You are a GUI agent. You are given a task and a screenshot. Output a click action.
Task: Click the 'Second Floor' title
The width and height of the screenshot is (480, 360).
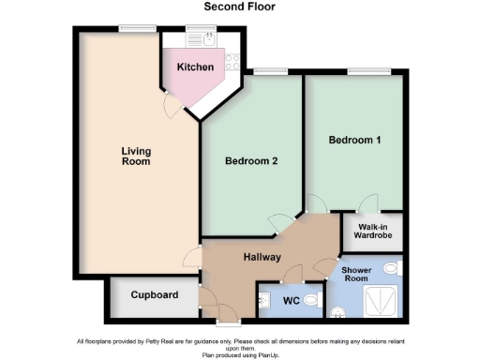pyautogui.click(x=239, y=7)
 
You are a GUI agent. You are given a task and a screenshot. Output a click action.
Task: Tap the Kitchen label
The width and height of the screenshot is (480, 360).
pyautogui.click(x=196, y=67)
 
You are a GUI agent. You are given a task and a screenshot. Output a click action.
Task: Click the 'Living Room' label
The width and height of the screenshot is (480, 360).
pyautogui.click(x=136, y=156)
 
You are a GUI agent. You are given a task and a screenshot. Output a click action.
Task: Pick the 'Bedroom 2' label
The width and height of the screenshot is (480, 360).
pyautogui.click(x=251, y=160)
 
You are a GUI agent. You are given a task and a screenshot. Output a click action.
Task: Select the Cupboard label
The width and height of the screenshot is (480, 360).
pyautogui.click(x=155, y=295)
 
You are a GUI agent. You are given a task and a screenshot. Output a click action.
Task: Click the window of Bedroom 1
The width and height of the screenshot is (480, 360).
pyautogui.click(x=367, y=71)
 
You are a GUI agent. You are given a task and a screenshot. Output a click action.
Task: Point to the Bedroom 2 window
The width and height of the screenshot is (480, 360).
pyautogui.click(x=270, y=71)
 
